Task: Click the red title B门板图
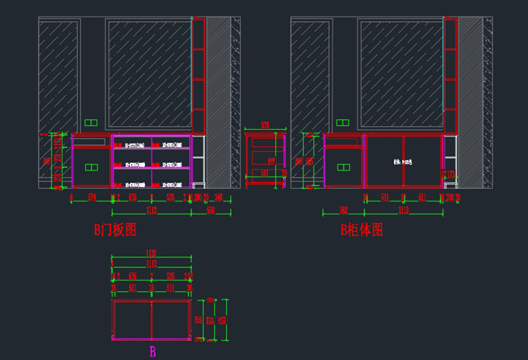click(x=115, y=229)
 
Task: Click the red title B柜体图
click(x=362, y=229)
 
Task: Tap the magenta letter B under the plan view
click(x=152, y=351)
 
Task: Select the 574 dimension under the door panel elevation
click(x=92, y=197)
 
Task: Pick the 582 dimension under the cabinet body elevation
click(x=343, y=211)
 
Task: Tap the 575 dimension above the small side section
click(x=266, y=125)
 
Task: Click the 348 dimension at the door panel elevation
click(x=219, y=197)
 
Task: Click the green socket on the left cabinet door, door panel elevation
click(x=92, y=167)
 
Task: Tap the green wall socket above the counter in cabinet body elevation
click(x=342, y=122)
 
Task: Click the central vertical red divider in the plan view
click(x=152, y=319)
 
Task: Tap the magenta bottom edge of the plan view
click(x=152, y=340)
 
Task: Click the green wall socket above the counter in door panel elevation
click(x=92, y=122)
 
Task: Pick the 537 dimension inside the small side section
click(x=265, y=173)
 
